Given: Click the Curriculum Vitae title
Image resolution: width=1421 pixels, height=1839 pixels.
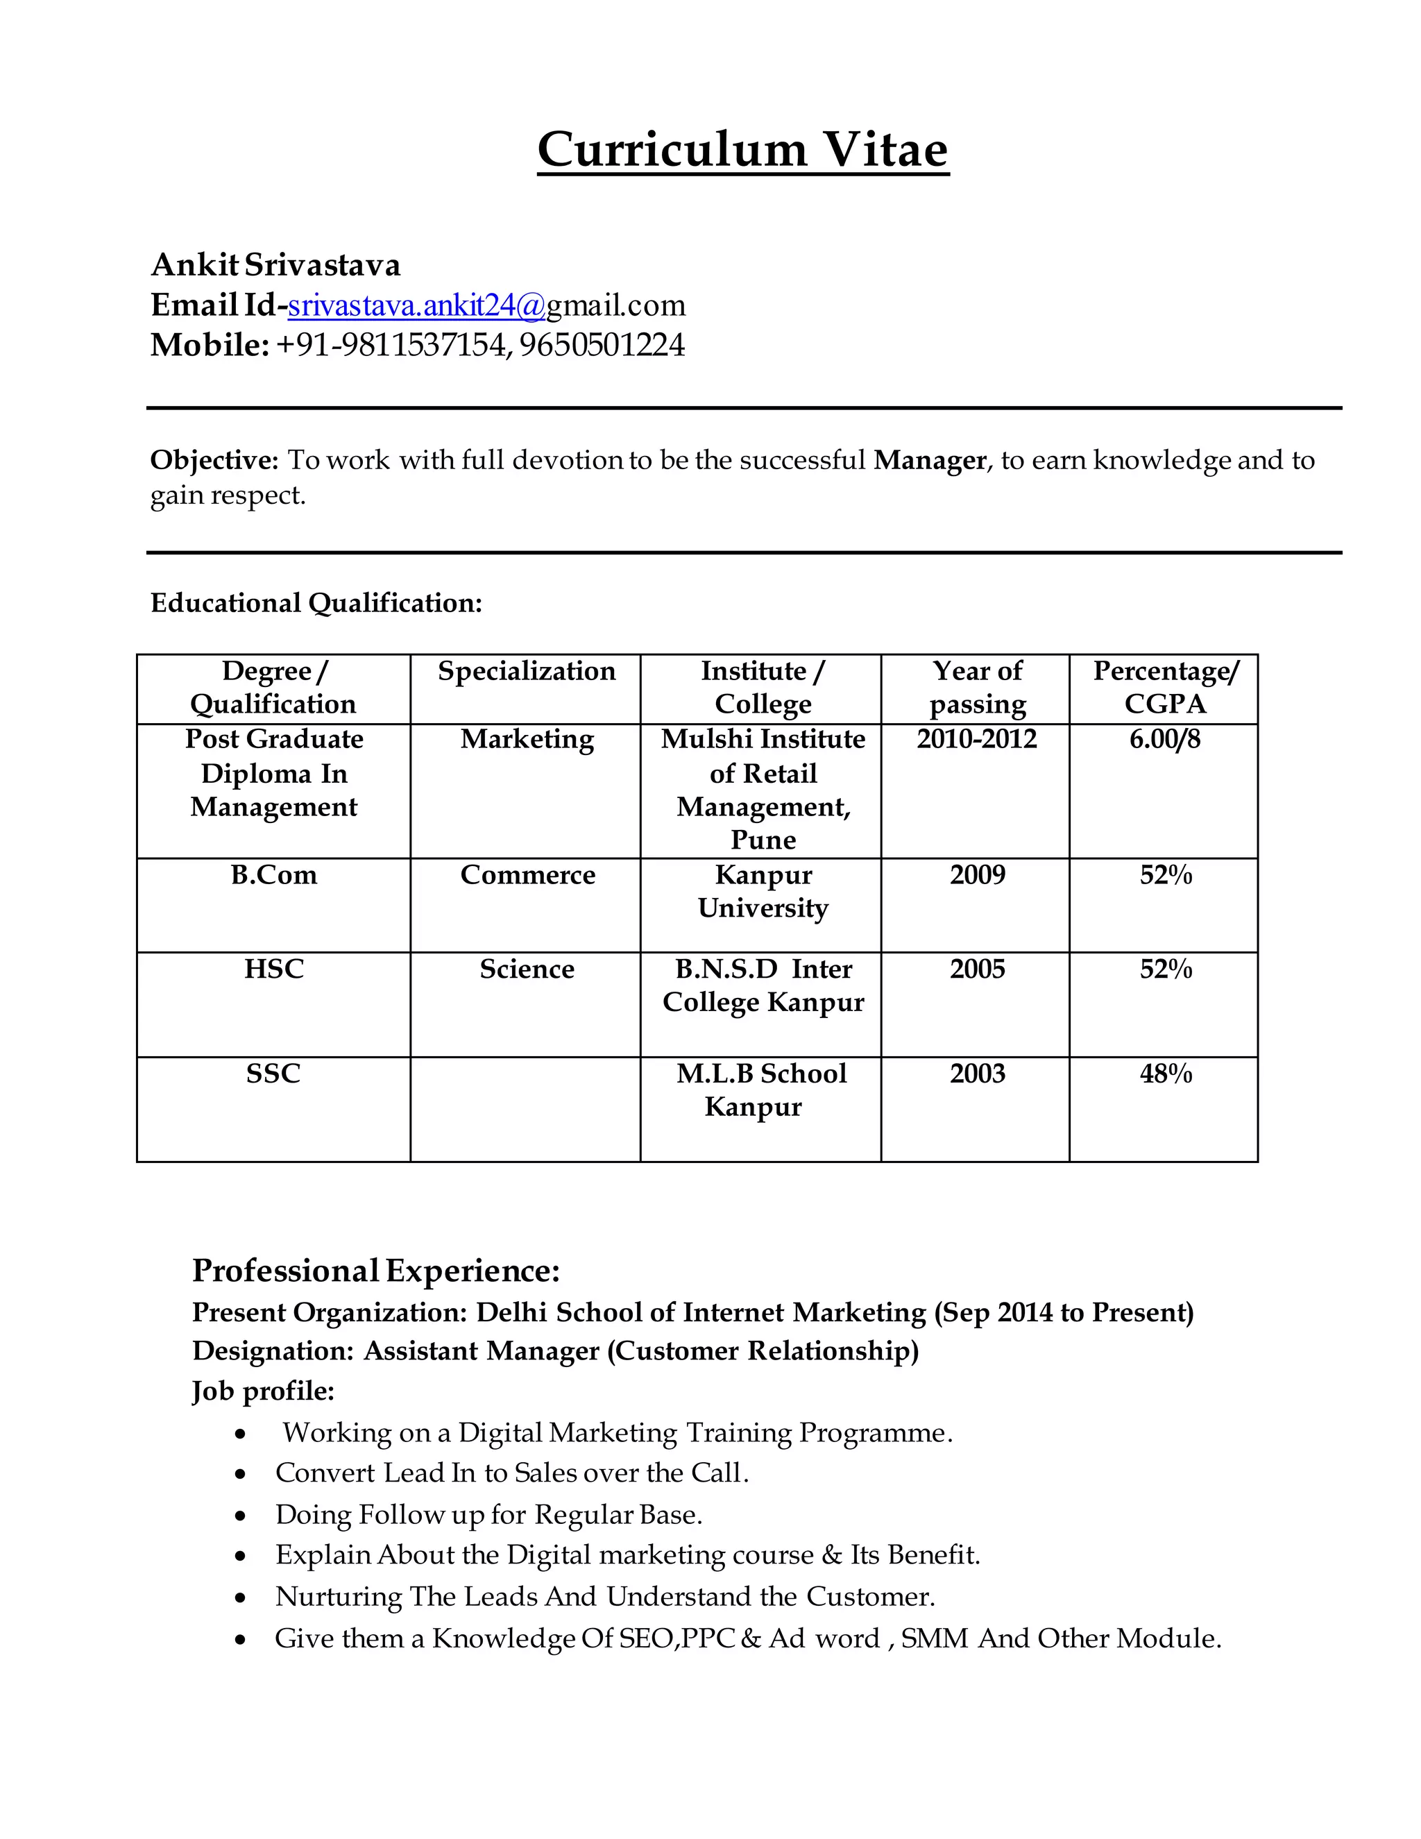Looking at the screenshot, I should click(x=742, y=150).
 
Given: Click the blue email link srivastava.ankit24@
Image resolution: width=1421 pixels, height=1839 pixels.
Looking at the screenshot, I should click(x=416, y=305).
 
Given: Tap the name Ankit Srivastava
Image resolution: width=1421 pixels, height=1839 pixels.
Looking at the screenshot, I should click(x=275, y=264).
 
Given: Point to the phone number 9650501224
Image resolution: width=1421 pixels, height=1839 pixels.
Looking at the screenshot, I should click(x=601, y=345).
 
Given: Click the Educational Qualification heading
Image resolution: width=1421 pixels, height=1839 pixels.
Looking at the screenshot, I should click(x=316, y=603).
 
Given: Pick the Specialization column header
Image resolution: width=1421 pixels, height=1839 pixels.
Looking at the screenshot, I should click(x=526, y=671).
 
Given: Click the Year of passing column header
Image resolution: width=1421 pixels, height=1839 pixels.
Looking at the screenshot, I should click(x=976, y=687).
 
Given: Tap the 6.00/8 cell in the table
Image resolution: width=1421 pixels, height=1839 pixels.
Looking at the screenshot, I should click(x=1164, y=739).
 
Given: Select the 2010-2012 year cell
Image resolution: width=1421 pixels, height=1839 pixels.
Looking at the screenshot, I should click(x=976, y=739).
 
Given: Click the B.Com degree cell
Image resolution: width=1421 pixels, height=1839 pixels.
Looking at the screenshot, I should click(x=273, y=875).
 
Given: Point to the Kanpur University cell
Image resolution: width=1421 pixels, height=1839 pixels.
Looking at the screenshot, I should click(x=763, y=891).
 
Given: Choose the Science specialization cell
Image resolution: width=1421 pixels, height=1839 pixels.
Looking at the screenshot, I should click(x=526, y=969).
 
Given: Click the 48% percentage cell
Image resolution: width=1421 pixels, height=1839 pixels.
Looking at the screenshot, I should click(x=1165, y=1074).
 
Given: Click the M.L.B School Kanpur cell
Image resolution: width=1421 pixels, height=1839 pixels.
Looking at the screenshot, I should click(x=761, y=1090).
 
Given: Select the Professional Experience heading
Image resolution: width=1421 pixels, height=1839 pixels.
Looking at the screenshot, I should click(x=375, y=1271).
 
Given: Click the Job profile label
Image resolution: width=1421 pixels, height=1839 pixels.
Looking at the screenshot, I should click(x=263, y=1390).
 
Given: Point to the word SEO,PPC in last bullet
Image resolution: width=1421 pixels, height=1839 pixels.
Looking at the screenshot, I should click(x=676, y=1638).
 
